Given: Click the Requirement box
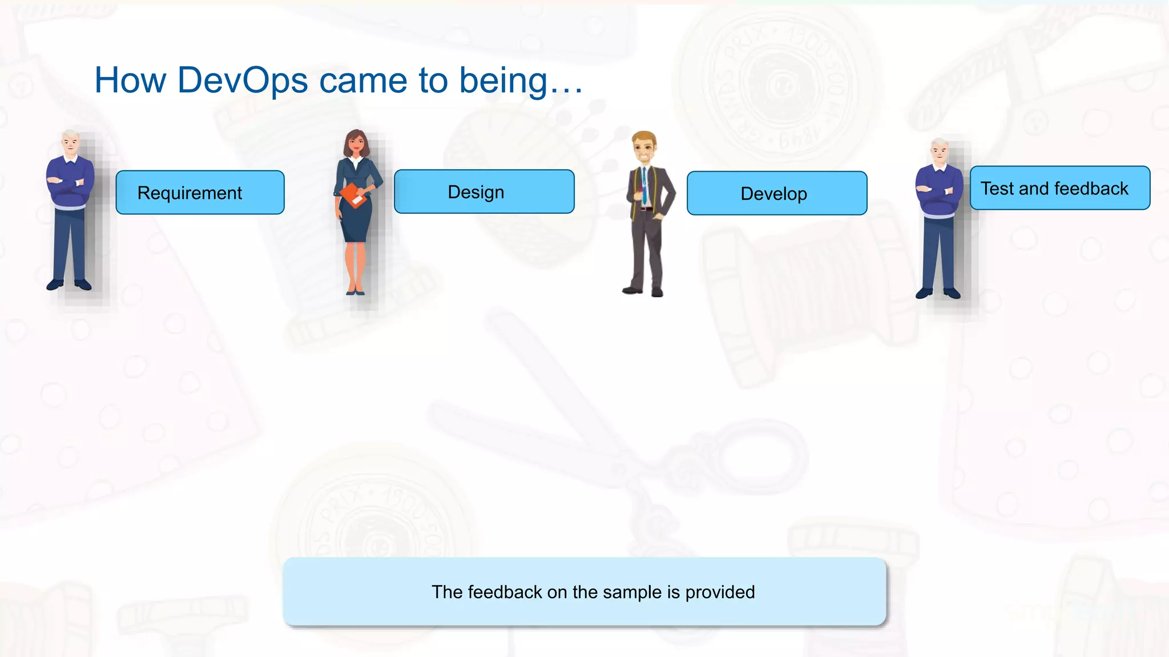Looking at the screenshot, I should click(200, 193).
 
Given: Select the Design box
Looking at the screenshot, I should click(484, 192).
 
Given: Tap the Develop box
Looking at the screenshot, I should click(776, 193).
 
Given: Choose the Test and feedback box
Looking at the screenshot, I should click(1059, 188).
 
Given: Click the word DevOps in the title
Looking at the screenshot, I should click(243, 80).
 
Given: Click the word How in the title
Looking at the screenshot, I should click(130, 80).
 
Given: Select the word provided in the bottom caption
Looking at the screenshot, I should click(720, 592).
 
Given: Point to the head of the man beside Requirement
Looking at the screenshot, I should click(70, 143).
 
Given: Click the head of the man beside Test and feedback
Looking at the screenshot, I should click(940, 152).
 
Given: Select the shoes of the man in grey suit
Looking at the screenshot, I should click(644, 291).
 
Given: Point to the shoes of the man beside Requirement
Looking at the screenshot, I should click(69, 284).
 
